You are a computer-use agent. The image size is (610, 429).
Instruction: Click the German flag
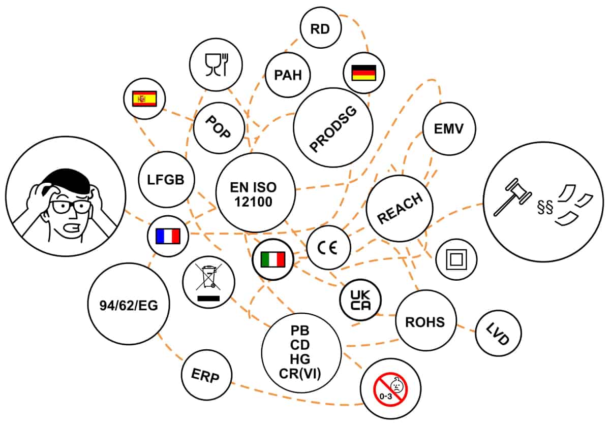(x=363, y=73)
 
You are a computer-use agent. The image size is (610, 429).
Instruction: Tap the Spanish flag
(x=145, y=98)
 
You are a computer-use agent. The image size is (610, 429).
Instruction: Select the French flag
(x=168, y=236)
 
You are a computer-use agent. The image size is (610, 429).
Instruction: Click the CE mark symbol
(x=328, y=247)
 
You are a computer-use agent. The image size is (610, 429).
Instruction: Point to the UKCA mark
(x=360, y=299)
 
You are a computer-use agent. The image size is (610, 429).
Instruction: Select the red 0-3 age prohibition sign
(x=390, y=388)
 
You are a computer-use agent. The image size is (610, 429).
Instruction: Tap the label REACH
(x=400, y=208)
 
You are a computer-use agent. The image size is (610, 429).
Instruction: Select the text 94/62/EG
(x=129, y=306)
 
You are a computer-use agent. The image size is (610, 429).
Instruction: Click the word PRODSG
(x=333, y=127)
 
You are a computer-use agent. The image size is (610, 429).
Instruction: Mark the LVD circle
(x=498, y=333)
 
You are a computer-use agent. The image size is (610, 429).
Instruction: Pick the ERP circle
(x=206, y=375)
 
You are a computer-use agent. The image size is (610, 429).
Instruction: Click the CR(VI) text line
(x=301, y=374)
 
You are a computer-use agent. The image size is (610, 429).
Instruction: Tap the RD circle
(x=320, y=29)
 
